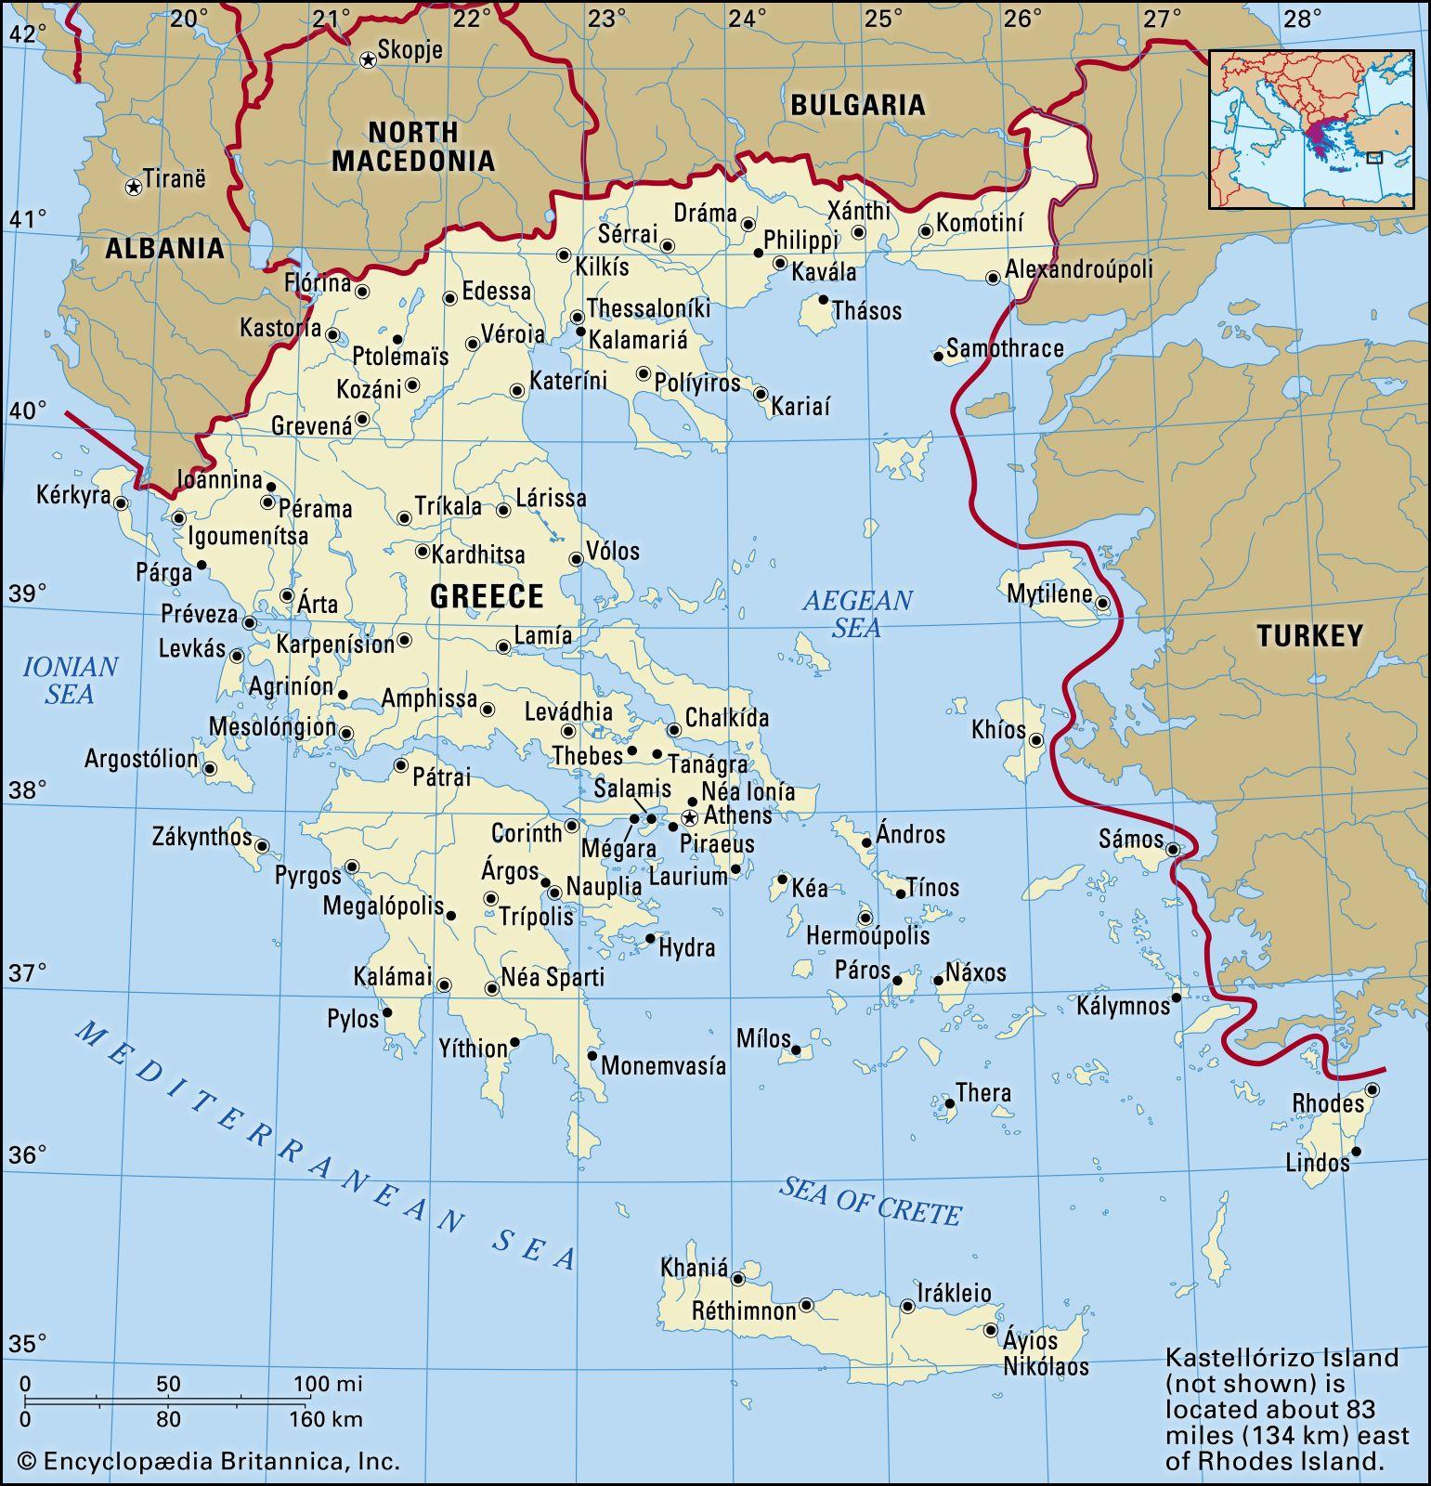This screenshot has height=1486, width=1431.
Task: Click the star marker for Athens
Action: (689, 817)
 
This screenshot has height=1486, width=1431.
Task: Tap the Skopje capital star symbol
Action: (368, 59)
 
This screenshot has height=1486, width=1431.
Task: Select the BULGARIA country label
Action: (857, 105)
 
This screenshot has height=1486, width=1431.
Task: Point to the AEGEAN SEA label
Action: (857, 614)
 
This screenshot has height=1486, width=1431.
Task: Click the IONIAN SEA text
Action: (70, 680)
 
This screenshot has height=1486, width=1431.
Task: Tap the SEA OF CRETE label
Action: (870, 1200)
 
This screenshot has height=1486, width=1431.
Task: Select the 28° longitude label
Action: (1302, 19)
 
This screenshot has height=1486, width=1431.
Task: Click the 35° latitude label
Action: (28, 1343)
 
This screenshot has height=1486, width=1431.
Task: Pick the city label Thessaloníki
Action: (648, 308)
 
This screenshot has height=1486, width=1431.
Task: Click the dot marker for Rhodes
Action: (1372, 1089)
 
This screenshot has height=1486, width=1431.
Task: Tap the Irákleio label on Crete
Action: (954, 1293)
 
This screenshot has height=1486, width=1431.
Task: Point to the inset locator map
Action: (1311, 129)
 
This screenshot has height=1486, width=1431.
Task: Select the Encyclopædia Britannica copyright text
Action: (209, 1461)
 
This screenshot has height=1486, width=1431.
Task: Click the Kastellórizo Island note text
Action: (1287, 1409)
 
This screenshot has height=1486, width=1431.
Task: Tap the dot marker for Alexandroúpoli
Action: (993, 277)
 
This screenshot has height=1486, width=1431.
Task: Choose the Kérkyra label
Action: (73, 495)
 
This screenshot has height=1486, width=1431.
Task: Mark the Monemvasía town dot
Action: (592, 1055)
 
